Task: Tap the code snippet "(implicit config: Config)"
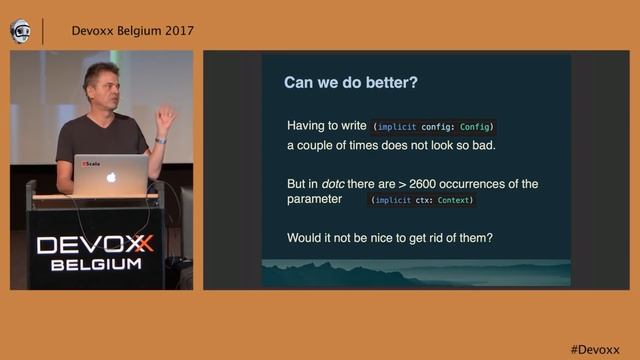433,128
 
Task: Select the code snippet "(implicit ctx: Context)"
421,201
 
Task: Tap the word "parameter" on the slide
315,200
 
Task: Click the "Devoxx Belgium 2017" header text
132,30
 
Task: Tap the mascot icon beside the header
20,30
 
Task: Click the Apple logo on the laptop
112,177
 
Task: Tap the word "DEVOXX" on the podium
95,245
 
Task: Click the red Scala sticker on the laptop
91,162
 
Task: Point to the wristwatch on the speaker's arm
160,140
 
